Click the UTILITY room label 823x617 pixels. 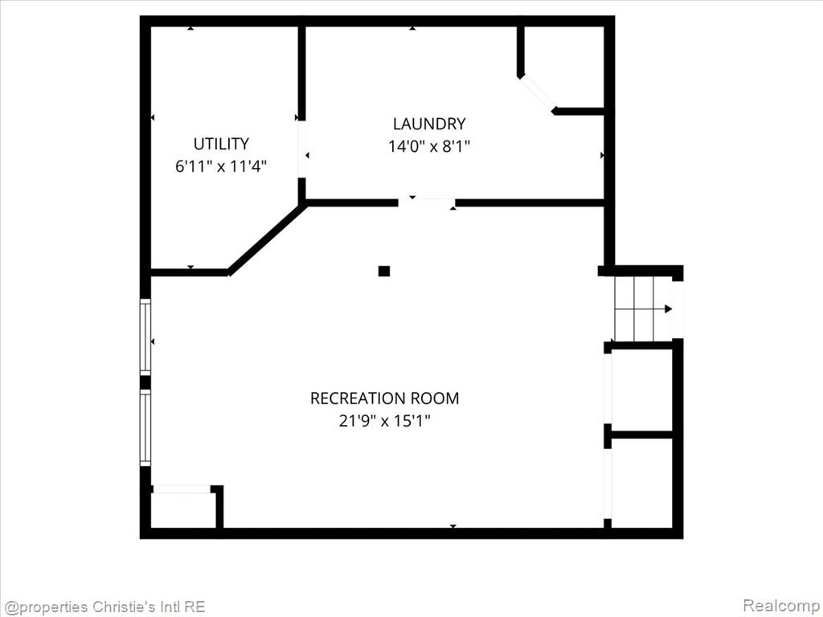point(221,144)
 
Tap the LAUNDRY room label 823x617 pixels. point(429,124)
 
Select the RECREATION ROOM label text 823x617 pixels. point(384,398)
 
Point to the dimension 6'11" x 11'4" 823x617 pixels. point(221,166)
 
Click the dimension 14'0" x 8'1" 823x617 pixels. point(429,146)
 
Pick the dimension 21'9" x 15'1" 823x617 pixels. point(384,421)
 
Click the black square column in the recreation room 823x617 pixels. point(384,272)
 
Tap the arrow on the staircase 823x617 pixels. point(643,309)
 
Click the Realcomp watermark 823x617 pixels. point(781,606)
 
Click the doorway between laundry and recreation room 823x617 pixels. point(426,202)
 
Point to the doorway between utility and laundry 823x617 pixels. point(302,149)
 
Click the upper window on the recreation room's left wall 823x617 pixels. point(145,337)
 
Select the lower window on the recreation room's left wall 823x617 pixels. point(145,427)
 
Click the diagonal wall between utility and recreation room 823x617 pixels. point(267,239)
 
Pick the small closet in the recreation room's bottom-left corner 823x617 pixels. point(183,509)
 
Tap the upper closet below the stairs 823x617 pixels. point(642,390)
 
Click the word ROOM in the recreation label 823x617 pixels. point(435,398)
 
